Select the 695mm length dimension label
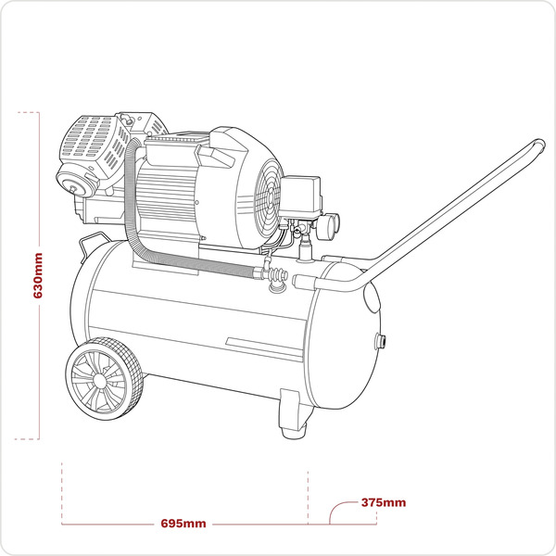(x=183, y=524)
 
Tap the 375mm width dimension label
(x=383, y=503)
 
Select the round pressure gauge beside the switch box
(x=329, y=222)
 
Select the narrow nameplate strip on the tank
(x=264, y=345)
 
